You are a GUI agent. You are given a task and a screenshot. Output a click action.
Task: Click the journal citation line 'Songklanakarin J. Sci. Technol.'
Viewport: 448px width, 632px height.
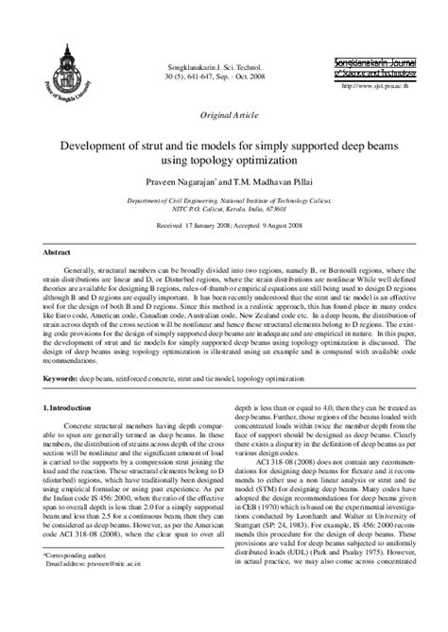pyautogui.click(x=228, y=70)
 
